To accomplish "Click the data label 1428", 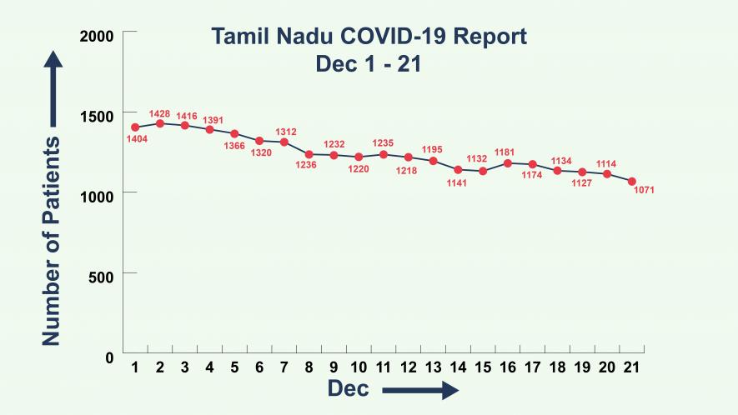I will (159, 113).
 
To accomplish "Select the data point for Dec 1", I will (135, 127).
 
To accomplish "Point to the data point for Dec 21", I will (632, 182).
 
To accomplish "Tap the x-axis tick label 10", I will (359, 367).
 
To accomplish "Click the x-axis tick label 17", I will (533, 367).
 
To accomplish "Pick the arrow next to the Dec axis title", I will (421, 390).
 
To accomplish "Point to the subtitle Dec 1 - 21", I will (368, 64).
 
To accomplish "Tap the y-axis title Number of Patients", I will (52, 242).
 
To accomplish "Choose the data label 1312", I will (286, 132).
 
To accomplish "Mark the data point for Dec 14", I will (458, 169).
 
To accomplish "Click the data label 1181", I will (507, 152).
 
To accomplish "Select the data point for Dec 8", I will (309, 154).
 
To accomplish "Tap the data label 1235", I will (383, 143).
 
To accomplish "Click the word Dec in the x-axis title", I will (348, 388).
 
